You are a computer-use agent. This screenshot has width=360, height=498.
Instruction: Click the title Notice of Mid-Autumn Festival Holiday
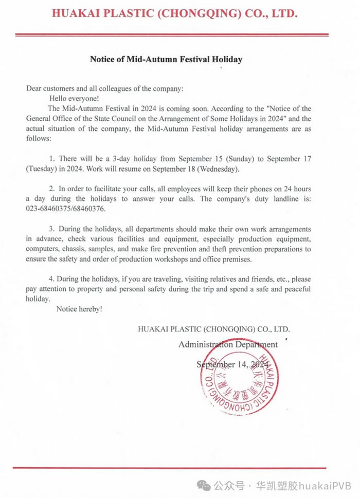click(166, 59)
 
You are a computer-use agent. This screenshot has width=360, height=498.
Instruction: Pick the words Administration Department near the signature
click(228, 344)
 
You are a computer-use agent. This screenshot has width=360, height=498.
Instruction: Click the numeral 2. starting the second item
click(52, 189)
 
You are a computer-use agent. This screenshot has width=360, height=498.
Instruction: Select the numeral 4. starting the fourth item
click(52, 279)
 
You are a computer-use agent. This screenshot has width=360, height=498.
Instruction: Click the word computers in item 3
click(44, 249)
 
